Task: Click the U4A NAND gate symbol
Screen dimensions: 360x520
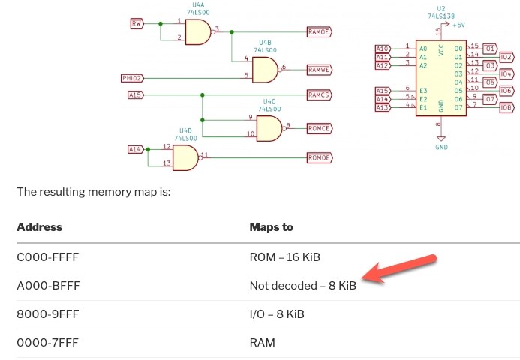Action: (x=197, y=31)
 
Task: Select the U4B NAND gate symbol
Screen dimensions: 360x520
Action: (x=265, y=70)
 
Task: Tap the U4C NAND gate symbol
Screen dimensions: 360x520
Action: (x=269, y=127)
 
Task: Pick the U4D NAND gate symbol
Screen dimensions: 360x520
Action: (x=185, y=157)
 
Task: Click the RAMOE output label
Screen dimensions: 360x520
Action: (x=319, y=31)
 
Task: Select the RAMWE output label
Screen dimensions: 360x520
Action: (x=319, y=70)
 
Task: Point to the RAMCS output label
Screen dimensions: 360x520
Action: (x=319, y=95)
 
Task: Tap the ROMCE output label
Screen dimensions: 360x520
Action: (x=319, y=127)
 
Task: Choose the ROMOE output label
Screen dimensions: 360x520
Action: (x=319, y=157)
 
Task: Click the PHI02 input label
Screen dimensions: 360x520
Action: (x=132, y=78)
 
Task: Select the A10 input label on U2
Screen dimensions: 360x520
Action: (x=383, y=49)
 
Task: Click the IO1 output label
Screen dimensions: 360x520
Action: (x=490, y=48)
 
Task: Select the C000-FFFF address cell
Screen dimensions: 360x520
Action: (x=47, y=257)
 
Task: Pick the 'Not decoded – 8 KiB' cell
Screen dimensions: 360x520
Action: (x=303, y=286)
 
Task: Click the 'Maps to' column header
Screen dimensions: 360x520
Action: (x=271, y=227)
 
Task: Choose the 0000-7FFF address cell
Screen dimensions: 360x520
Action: (x=47, y=343)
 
